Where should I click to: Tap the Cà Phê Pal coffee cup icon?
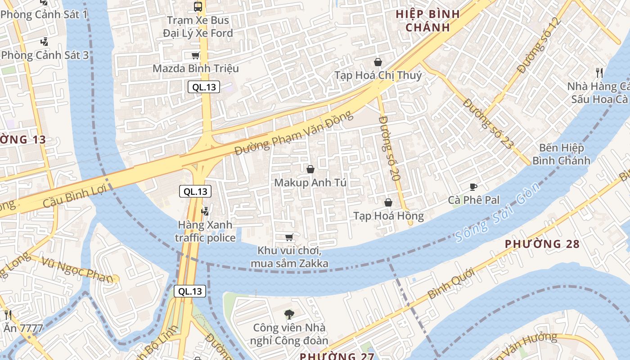point(473,187)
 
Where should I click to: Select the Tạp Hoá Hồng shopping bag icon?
point(388,203)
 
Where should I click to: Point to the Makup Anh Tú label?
point(310,183)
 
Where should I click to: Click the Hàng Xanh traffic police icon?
point(205,211)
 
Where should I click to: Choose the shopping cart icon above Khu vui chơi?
point(289,237)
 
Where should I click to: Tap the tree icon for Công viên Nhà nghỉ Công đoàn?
point(289,314)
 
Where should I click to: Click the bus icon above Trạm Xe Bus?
point(198,7)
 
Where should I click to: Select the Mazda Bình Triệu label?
point(196,68)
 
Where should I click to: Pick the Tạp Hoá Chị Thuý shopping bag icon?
point(378,62)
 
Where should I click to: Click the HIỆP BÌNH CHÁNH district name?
point(427,21)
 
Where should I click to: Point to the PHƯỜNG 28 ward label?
point(542,244)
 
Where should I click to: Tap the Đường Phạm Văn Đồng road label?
point(293,134)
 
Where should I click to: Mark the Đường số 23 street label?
point(488,124)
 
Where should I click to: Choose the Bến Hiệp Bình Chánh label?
point(561,154)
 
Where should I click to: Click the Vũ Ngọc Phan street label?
point(77,270)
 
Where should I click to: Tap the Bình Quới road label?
point(451,283)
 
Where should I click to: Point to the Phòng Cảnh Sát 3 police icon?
point(44,42)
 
